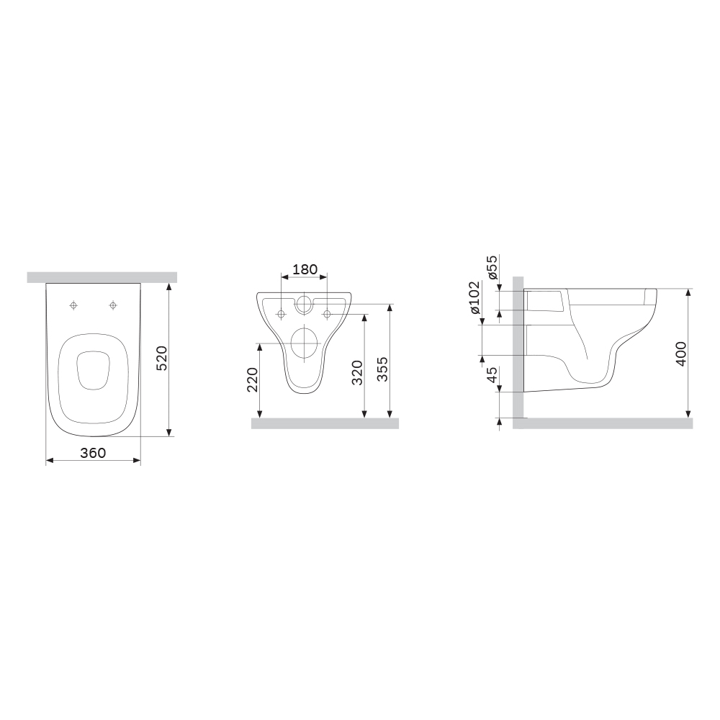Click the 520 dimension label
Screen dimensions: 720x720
coord(163,359)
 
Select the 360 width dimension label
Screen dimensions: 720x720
coord(93,453)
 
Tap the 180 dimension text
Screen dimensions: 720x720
coord(305,269)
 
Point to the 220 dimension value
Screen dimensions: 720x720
coord(253,379)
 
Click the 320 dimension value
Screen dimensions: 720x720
coord(357,372)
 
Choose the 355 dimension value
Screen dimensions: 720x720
coord(382,369)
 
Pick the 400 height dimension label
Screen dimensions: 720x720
coord(681,354)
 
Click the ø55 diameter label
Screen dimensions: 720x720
coord(492,267)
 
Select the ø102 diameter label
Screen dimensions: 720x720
coord(474,297)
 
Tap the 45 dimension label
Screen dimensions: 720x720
coord(492,374)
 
